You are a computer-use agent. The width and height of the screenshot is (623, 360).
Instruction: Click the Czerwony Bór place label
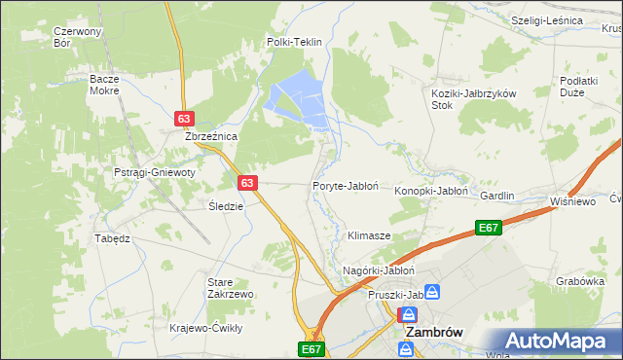[78, 37]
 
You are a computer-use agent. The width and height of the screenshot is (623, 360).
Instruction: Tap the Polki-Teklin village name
[294, 43]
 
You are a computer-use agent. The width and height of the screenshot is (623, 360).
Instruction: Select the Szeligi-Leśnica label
[547, 20]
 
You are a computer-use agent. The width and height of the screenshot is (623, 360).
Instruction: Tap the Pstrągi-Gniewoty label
[155, 172]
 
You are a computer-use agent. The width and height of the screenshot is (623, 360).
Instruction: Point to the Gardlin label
[496, 196]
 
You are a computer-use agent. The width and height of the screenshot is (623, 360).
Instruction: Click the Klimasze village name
[369, 236]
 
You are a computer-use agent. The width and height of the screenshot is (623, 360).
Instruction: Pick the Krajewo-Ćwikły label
[205, 328]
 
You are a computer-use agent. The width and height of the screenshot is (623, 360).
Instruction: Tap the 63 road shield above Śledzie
[247, 182]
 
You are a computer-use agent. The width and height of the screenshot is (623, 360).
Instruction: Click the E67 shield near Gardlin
[489, 228]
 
